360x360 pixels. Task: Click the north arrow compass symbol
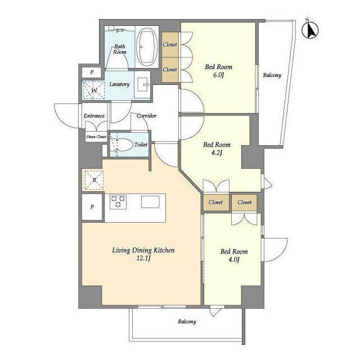(x=310, y=30)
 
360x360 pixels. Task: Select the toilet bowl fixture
(x=123, y=145)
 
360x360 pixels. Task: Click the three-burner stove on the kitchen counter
(x=118, y=201)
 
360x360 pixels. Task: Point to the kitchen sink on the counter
(x=150, y=202)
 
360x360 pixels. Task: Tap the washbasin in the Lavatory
(x=143, y=84)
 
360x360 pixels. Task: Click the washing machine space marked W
(x=93, y=90)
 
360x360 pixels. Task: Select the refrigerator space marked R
(x=94, y=180)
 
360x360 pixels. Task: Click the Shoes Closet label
(x=96, y=137)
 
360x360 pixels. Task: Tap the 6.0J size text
(x=218, y=75)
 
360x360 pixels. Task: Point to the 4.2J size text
(x=217, y=152)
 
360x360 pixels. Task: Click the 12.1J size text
(x=143, y=258)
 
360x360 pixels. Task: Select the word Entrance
(x=94, y=116)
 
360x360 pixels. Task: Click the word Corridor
(x=146, y=116)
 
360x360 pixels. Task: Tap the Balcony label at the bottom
(x=187, y=322)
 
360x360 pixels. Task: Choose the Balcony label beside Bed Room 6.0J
(x=272, y=75)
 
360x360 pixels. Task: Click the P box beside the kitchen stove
(x=92, y=207)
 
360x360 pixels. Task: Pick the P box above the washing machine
(x=92, y=73)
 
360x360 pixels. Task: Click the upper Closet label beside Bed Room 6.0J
(x=170, y=44)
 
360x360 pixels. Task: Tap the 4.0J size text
(x=234, y=259)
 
